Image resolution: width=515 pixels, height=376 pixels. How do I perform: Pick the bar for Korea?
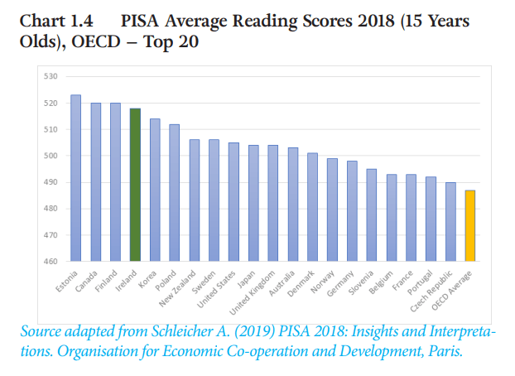click(x=155, y=190)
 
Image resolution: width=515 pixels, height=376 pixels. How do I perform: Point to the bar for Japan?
click(x=253, y=203)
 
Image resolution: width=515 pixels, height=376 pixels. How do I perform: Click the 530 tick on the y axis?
click(x=50, y=77)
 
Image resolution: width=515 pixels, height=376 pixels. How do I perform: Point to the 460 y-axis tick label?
click(x=50, y=262)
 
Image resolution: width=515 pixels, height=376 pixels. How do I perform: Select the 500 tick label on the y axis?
click(x=50, y=157)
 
